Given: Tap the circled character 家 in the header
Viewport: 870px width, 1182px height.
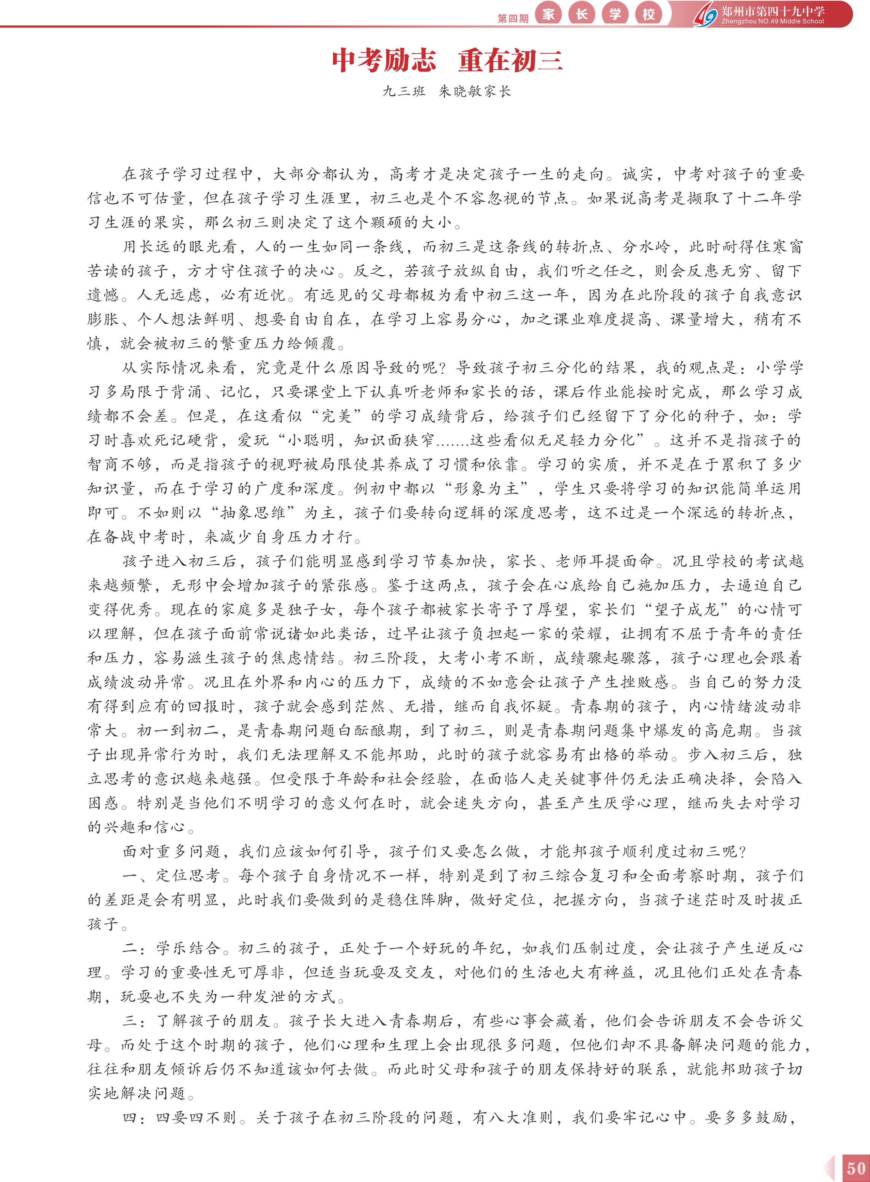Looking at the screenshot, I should (x=548, y=14).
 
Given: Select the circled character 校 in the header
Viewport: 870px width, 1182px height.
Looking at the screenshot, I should (x=648, y=14).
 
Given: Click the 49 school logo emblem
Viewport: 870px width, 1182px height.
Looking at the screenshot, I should (x=706, y=15).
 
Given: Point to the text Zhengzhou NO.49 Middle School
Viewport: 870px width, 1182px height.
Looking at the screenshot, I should (x=772, y=22).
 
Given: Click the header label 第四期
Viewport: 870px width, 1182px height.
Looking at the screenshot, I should (x=512, y=18).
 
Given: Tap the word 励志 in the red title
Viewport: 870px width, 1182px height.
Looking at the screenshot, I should (x=409, y=61).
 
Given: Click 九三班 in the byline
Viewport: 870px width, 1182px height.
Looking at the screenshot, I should (x=404, y=92).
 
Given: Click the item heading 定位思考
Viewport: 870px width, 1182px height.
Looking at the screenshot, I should (x=188, y=876).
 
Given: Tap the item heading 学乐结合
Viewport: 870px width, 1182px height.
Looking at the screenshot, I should (x=188, y=948).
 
